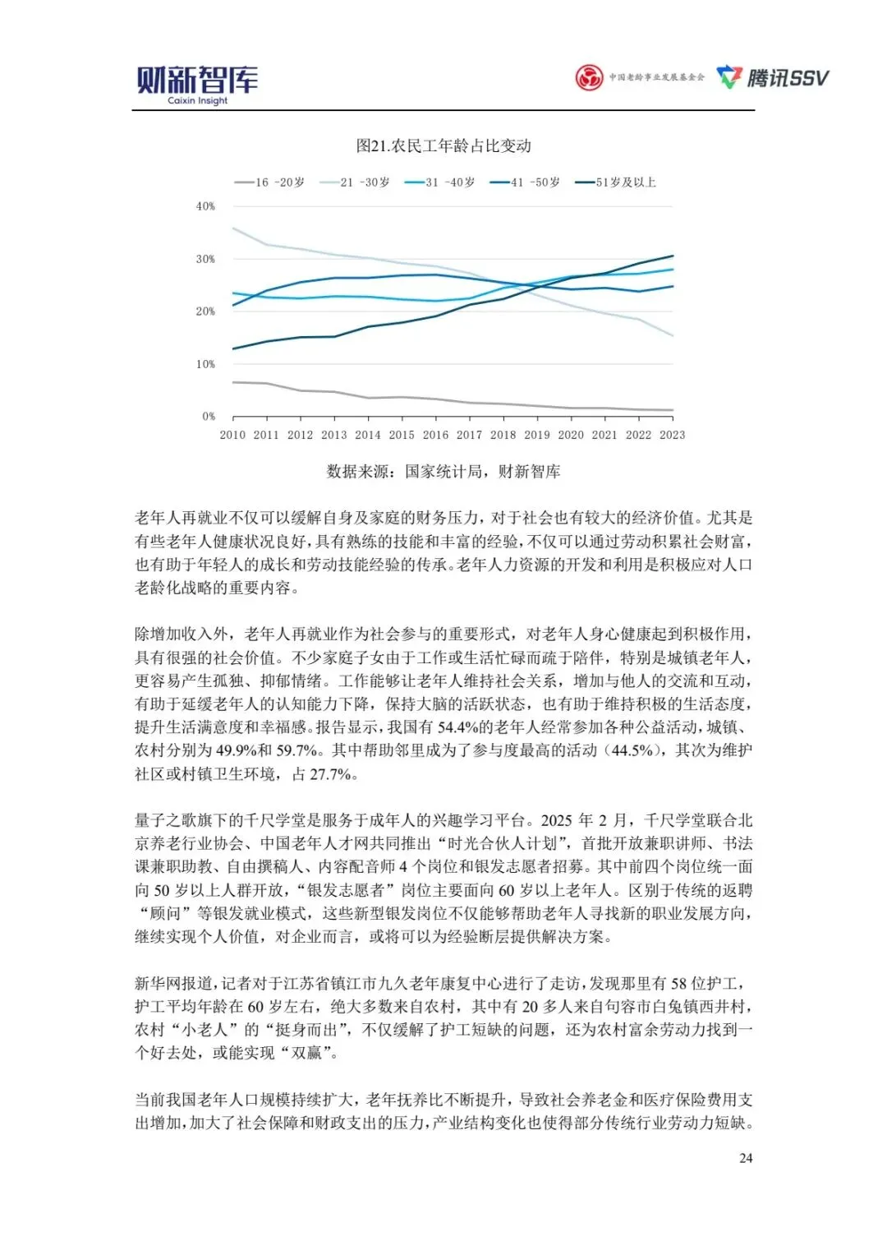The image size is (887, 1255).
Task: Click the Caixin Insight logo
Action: [197, 84]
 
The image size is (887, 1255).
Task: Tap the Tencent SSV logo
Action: [773, 78]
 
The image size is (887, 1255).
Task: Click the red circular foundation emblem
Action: [589, 78]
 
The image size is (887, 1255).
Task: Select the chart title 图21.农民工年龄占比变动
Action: [443, 146]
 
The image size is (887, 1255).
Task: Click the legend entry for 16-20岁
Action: [269, 182]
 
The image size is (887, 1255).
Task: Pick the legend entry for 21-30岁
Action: [355, 182]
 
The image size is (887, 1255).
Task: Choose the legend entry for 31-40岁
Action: [440, 182]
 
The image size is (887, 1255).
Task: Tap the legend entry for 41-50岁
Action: [525, 182]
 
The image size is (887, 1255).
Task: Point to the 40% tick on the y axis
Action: [205, 206]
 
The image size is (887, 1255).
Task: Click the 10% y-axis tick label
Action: [205, 364]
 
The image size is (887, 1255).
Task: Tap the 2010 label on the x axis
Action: [232, 435]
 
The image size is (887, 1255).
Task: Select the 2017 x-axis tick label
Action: [469, 435]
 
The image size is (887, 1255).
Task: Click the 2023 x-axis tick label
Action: [672, 435]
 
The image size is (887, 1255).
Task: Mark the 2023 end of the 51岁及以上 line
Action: [673, 256]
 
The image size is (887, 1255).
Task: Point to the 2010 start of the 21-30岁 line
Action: [233, 228]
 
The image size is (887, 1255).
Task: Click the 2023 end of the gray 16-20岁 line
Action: [673, 410]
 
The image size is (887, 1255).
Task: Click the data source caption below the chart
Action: [443, 472]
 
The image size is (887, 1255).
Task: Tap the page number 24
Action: [746, 1158]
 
